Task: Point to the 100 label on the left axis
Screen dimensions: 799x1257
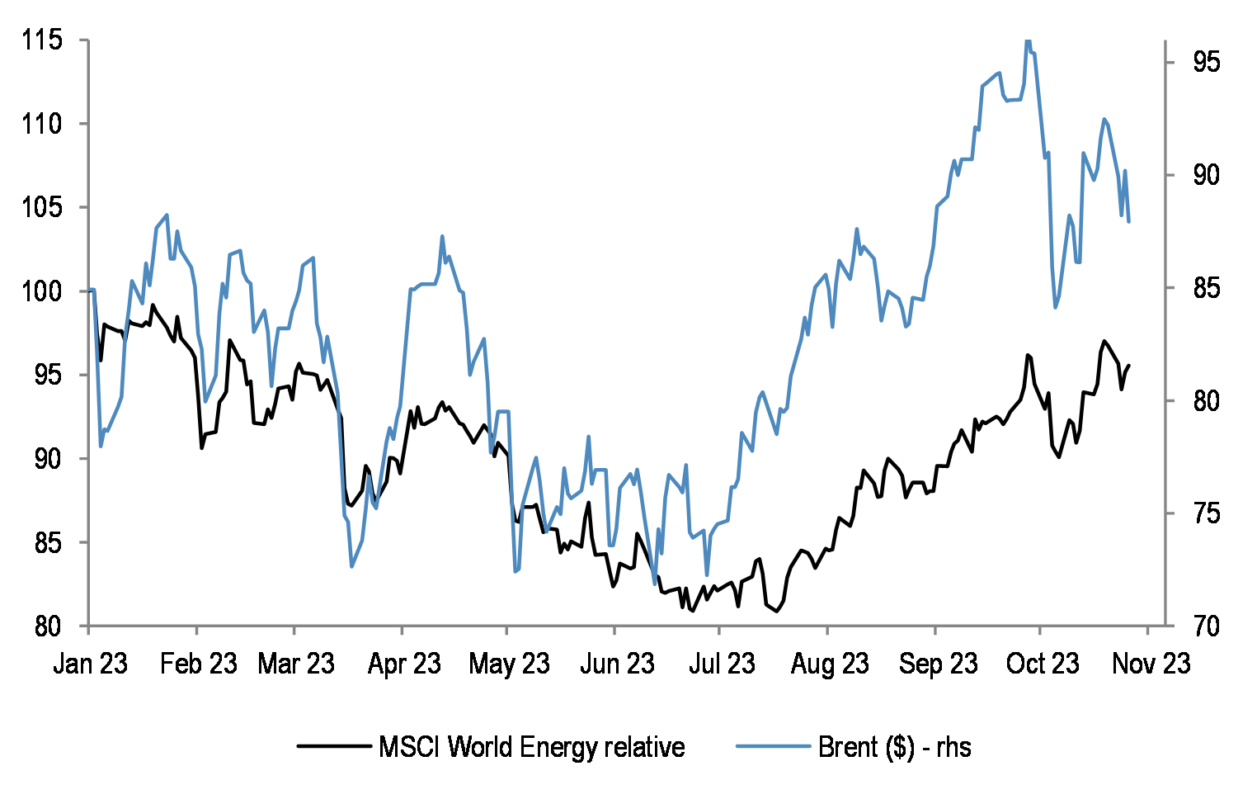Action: point(42,291)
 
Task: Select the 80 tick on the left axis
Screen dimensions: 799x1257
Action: point(48,626)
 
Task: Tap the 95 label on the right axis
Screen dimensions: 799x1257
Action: point(1206,62)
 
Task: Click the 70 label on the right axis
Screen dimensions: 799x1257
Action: point(1206,626)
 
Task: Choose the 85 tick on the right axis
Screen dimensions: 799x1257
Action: point(1206,288)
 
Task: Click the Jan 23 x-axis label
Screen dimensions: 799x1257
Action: point(90,663)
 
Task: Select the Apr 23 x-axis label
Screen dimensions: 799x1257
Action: point(404,663)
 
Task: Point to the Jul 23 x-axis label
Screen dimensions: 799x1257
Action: point(722,663)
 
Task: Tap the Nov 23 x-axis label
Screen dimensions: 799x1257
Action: point(1151,663)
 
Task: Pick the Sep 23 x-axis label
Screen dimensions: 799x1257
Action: point(938,663)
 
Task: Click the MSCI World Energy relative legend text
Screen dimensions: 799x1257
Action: point(531,747)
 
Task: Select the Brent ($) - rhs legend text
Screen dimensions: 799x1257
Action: point(894,747)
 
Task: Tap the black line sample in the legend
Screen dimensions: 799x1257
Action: point(333,746)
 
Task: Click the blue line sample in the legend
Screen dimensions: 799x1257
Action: point(773,746)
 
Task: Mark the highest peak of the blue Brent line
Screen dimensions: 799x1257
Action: point(1028,40)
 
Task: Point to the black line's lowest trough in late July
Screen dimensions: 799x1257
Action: point(777,612)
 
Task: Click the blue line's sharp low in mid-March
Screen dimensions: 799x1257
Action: point(352,566)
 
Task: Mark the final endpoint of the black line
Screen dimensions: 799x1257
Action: point(1129,365)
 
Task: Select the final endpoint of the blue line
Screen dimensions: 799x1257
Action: point(1128,221)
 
